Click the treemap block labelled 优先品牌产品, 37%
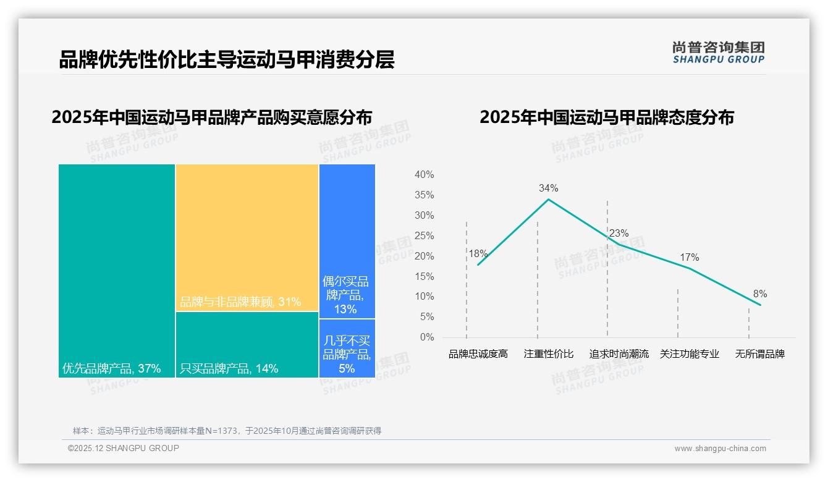(117, 270)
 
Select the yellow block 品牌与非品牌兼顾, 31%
(247, 237)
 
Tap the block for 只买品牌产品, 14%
(247, 344)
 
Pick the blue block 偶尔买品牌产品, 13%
(347, 241)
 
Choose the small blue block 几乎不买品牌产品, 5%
(347, 348)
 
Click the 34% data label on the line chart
(548, 188)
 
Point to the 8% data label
(760, 294)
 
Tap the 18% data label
(478, 253)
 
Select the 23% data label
(619, 234)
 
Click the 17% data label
(690, 257)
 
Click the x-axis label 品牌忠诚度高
(478, 354)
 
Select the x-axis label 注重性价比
(549, 354)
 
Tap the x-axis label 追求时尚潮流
(619, 354)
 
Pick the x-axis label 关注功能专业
(690, 354)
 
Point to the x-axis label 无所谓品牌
(760, 354)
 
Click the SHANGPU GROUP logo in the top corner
(719, 53)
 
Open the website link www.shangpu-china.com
(720, 449)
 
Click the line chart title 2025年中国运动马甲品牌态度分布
(607, 117)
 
